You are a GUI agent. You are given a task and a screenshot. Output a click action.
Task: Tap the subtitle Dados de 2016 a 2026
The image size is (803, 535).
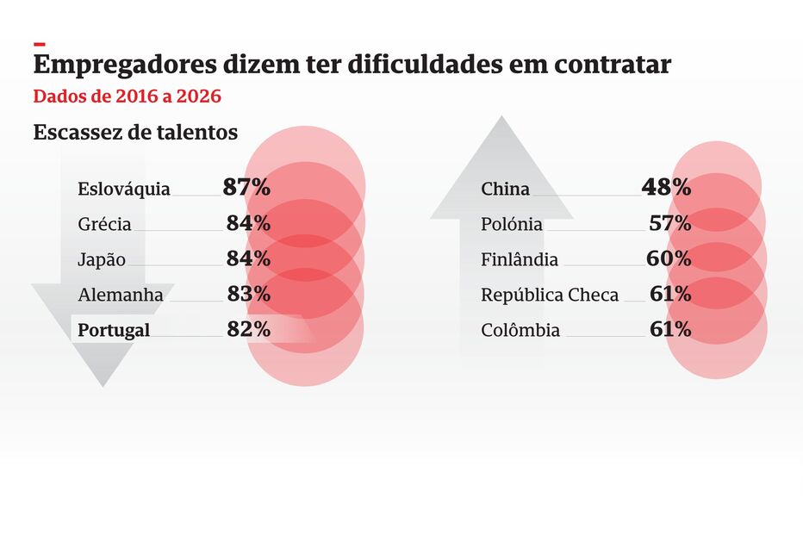point(128,96)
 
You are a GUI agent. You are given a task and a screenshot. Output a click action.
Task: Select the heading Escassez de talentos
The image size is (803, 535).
point(135,133)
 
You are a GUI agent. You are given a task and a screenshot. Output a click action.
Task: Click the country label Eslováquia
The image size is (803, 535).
point(124,189)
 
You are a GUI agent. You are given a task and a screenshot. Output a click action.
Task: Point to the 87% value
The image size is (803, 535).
point(246,187)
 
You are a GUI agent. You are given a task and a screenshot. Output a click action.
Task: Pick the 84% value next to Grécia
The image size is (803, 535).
point(248,223)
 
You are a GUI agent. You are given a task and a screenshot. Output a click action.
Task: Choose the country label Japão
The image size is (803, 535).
point(102,259)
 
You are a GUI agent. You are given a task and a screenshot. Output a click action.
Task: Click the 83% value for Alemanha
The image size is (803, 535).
point(248,294)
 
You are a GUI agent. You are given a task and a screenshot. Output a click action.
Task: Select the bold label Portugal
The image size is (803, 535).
point(114,330)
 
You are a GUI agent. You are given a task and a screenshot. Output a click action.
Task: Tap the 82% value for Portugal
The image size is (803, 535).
point(248,329)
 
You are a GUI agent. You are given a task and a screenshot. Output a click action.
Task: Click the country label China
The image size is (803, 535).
point(506,189)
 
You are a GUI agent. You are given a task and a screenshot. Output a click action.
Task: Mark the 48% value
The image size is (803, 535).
point(666,187)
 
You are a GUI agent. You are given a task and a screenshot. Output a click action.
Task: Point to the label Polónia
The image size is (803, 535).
point(512,224)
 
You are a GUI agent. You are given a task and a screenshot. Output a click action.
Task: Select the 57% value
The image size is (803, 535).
point(669,223)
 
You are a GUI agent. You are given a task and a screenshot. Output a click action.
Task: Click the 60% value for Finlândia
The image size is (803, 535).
point(669,258)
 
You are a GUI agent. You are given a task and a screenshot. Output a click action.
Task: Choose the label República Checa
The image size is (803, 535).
point(550,295)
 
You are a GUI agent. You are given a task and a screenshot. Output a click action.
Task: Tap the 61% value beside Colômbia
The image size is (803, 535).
point(669,329)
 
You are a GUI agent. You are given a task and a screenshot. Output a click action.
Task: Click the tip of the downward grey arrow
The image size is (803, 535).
point(103,384)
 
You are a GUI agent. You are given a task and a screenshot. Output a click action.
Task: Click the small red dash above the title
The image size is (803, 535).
point(39,42)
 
